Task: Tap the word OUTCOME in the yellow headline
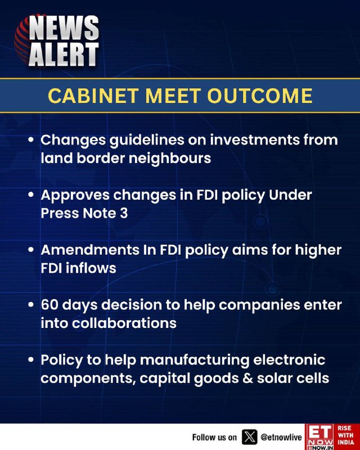pos(260,96)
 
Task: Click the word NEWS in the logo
pos(64,28)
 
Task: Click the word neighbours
pos(170,159)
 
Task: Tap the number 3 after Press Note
pos(124,213)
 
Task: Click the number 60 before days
pos(49,305)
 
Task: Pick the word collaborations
pos(124,323)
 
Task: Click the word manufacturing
pos(195,361)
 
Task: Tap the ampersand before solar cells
pos(247,378)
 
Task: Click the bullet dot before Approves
pos(31,195)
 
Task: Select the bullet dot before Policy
pos(31,360)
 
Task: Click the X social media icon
pos(250,437)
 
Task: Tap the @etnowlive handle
pos(281,438)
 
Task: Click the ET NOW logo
pos(320,437)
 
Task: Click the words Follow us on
pos(214,438)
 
